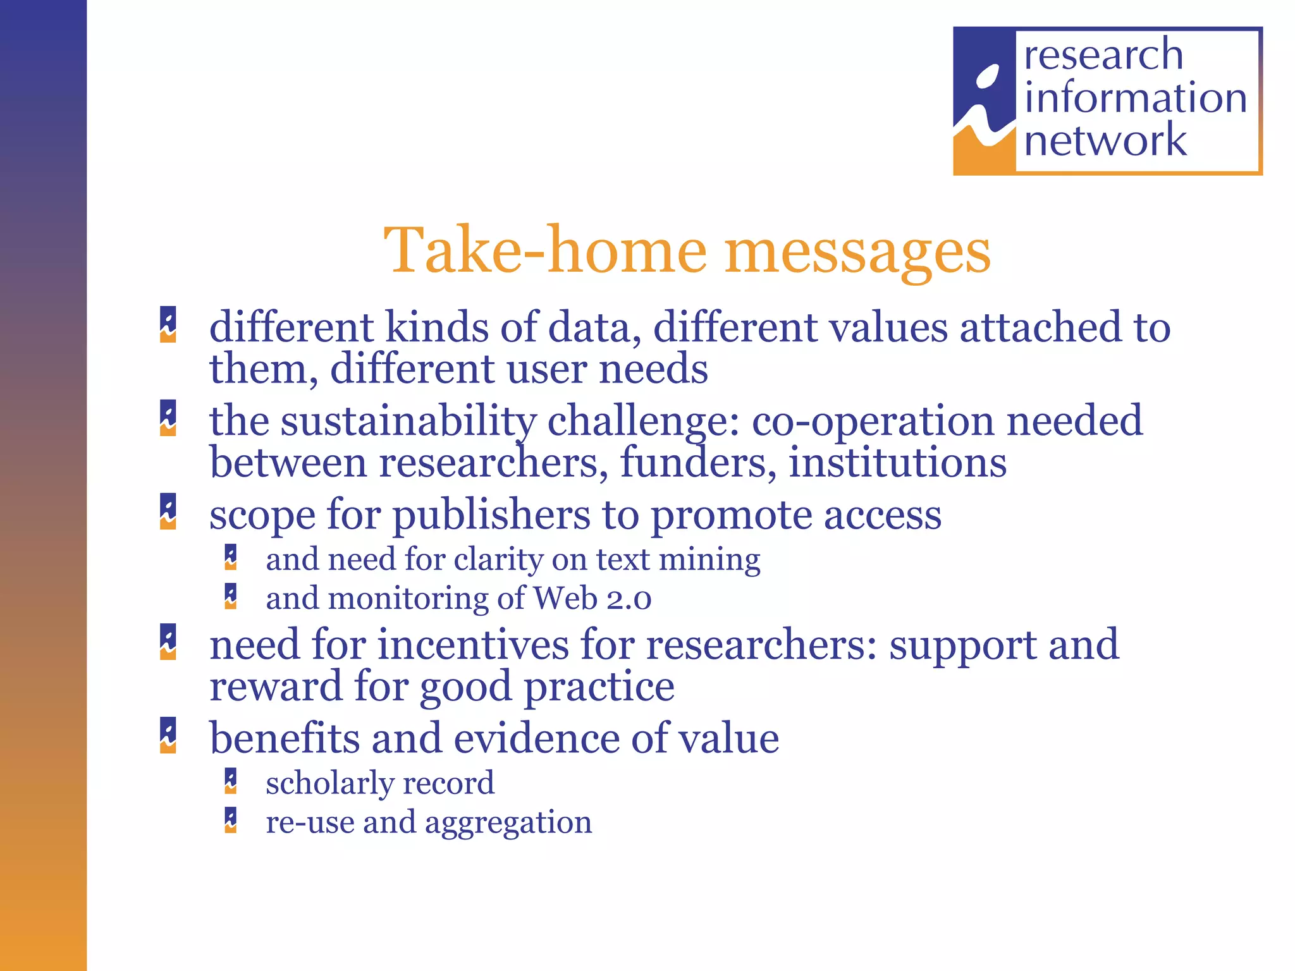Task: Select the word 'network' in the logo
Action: pos(1105,140)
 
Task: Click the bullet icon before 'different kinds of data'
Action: pos(168,324)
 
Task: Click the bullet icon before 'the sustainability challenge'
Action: pos(168,418)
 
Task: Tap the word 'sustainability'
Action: pos(408,421)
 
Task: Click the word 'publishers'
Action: pos(491,515)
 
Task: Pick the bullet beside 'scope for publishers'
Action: pos(168,511)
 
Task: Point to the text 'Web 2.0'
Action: pos(592,598)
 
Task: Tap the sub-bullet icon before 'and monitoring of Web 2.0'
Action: pos(231,596)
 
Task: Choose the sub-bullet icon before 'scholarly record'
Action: pos(231,781)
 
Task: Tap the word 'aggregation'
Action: pos(508,822)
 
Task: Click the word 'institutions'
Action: pos(897,463)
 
